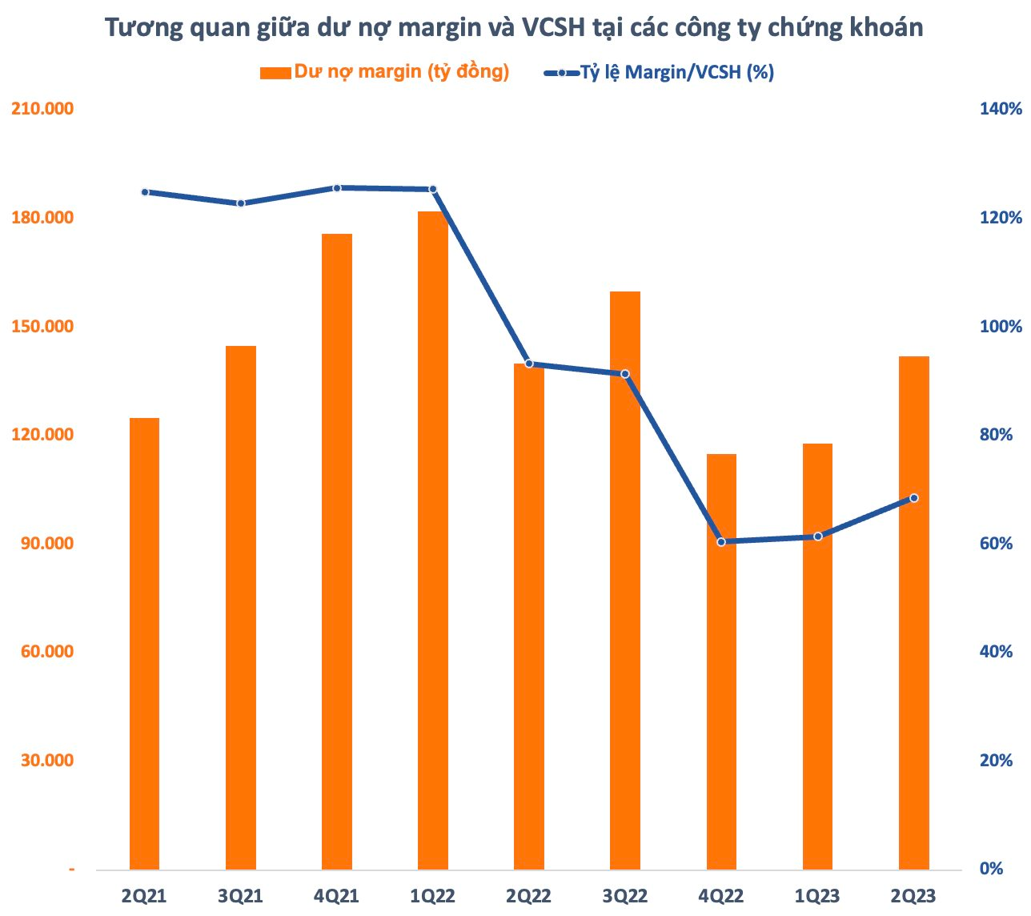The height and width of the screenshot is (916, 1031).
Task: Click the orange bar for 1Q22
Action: click(433, 540)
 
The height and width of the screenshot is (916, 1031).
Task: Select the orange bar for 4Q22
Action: click(721, 661)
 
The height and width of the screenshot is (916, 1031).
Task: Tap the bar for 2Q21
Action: click(144, 644)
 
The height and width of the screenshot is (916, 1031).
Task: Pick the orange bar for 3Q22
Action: click(625, 581)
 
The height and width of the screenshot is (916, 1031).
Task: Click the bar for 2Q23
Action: click(914, 613)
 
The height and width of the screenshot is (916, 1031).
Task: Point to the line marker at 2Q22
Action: click(529, 364)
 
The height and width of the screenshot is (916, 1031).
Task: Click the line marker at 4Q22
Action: click(721, 542)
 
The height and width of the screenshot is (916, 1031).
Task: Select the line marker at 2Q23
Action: click(914, 498)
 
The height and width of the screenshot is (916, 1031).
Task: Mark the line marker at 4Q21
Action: click(337, 188)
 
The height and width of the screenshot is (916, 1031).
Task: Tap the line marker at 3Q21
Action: click(241, 203)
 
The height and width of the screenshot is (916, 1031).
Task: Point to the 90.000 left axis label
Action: click(46, 544)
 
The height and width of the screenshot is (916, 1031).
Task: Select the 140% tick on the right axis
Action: click(1001, 109)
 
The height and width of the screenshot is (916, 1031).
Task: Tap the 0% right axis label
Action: click(991, 869)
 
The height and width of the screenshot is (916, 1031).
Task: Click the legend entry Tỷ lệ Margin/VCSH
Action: click(676, 72)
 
